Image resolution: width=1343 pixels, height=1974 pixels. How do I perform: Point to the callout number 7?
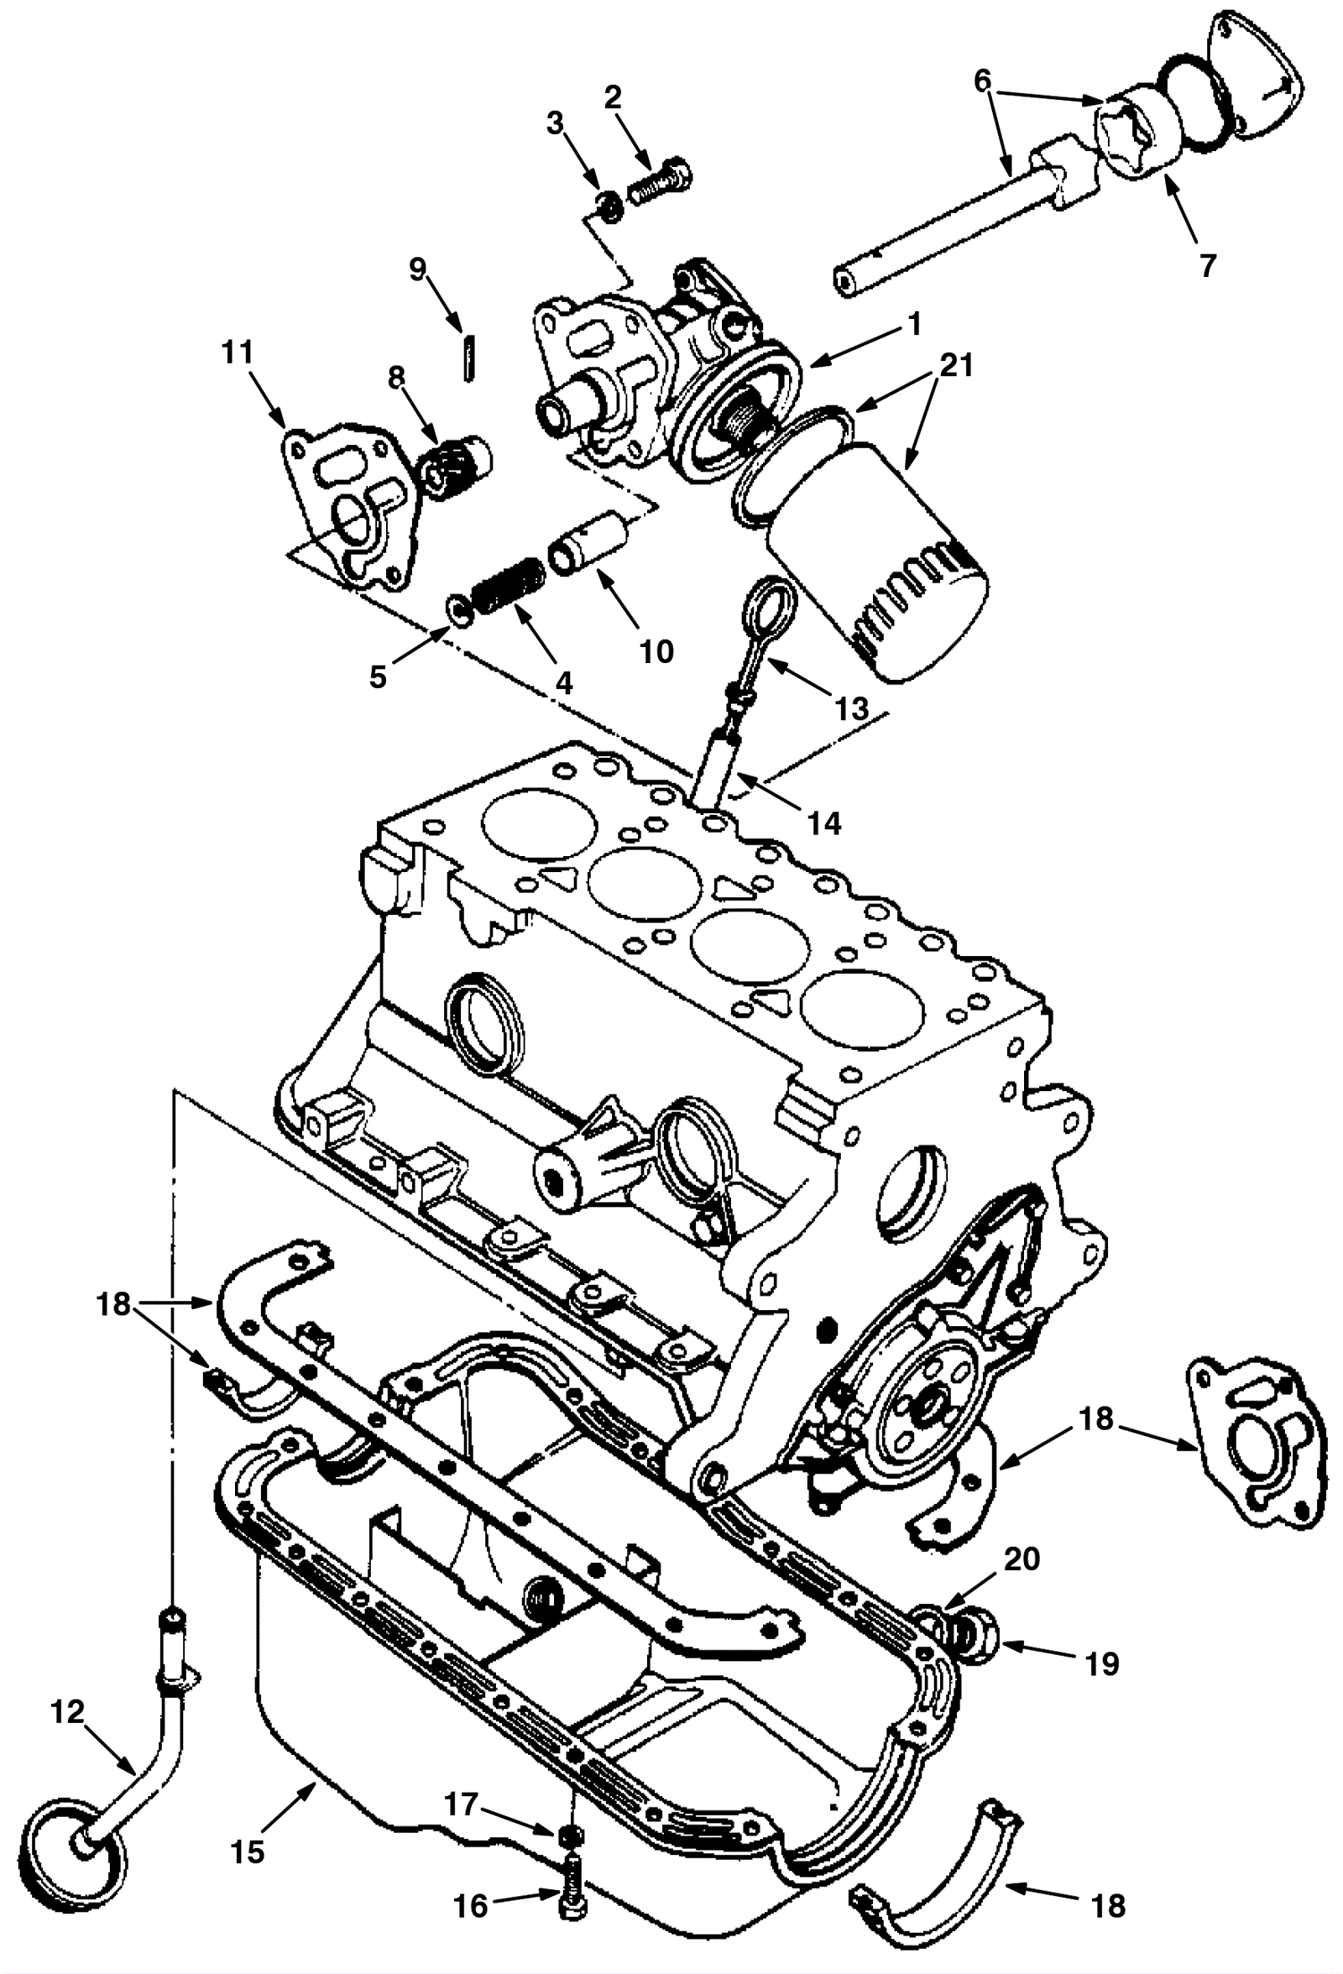[x=1206, y=265]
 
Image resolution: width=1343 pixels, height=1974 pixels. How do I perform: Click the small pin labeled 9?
[x=468, y=359]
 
